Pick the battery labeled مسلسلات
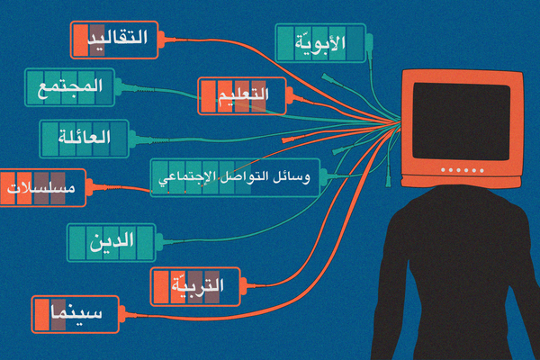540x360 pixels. pyautogui.click(x=41, y=188)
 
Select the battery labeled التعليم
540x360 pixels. pyautogui.click(x=241, y=94)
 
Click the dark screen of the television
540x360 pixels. pyautogui.click(x=460, y=121)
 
